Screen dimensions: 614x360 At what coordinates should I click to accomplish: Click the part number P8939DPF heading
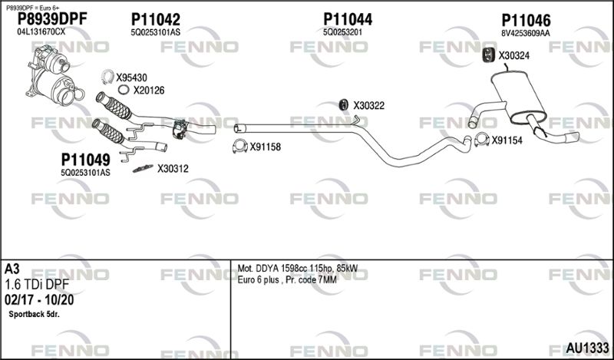pyautogui.click(x=52, y=19)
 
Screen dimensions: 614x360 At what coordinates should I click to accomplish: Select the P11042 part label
pyautogui.click(x=156, y=20)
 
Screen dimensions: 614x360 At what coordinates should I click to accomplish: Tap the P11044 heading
pyautogui.click(x=348, y=20)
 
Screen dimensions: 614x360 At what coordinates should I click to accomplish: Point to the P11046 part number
pyautogui.click(x=526, y=21)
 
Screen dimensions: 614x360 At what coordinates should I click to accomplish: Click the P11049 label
pyautogui.click(x=85, y=160)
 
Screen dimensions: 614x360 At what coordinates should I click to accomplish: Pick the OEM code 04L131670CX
pyautogui.click(x=41, y=32)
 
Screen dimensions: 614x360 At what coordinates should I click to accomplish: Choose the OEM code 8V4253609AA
pyautogui.click(x=526, y=34)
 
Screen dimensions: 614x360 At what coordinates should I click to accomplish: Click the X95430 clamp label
pyautogui.click(x=131, y=78)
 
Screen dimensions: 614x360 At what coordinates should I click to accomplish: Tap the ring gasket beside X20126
pyautogui.click(x=123, y=90)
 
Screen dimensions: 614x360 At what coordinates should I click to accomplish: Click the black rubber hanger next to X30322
pyautogui.click(x=343, y=105)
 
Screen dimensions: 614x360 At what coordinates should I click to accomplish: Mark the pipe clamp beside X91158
pyautogui.click(x=239, y=146)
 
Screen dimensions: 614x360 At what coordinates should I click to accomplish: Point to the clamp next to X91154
pyautogui.click(x=482, y=140)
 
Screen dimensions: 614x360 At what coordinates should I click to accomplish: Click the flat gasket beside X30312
pyautogui.click(x=143, y=168)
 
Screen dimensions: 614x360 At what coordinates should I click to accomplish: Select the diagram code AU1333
pyautogui.click(x=588, y=348)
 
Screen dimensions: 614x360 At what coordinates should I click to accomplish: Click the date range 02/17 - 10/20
pyautogui.click(x=39, y=300)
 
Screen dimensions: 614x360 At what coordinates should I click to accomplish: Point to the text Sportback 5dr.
pyautogui.click(x=34, y=315)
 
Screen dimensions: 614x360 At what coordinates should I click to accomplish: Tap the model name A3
pyautogui.click(x=12, y=269)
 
